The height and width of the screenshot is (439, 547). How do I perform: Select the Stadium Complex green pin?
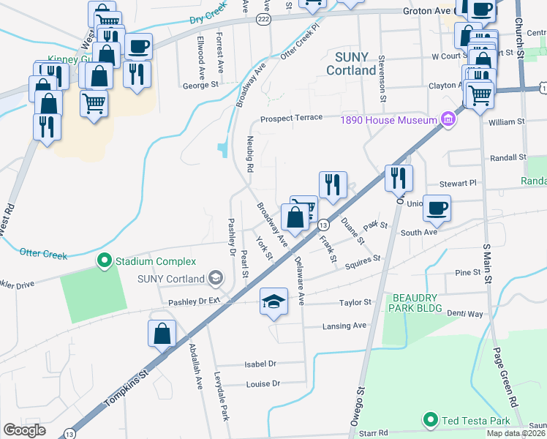[105, 260]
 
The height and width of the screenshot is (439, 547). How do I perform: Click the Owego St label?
[359, 409]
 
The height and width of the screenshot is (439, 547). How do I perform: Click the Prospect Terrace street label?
[292, 118]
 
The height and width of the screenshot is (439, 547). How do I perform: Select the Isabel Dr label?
[260, 364]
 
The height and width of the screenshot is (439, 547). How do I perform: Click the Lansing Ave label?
[344, 326]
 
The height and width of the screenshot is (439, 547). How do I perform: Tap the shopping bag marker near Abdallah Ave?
[162, 333]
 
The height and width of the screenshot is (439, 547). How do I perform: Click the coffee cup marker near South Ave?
[437, 208]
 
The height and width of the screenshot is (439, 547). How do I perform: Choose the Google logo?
[24, 430]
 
